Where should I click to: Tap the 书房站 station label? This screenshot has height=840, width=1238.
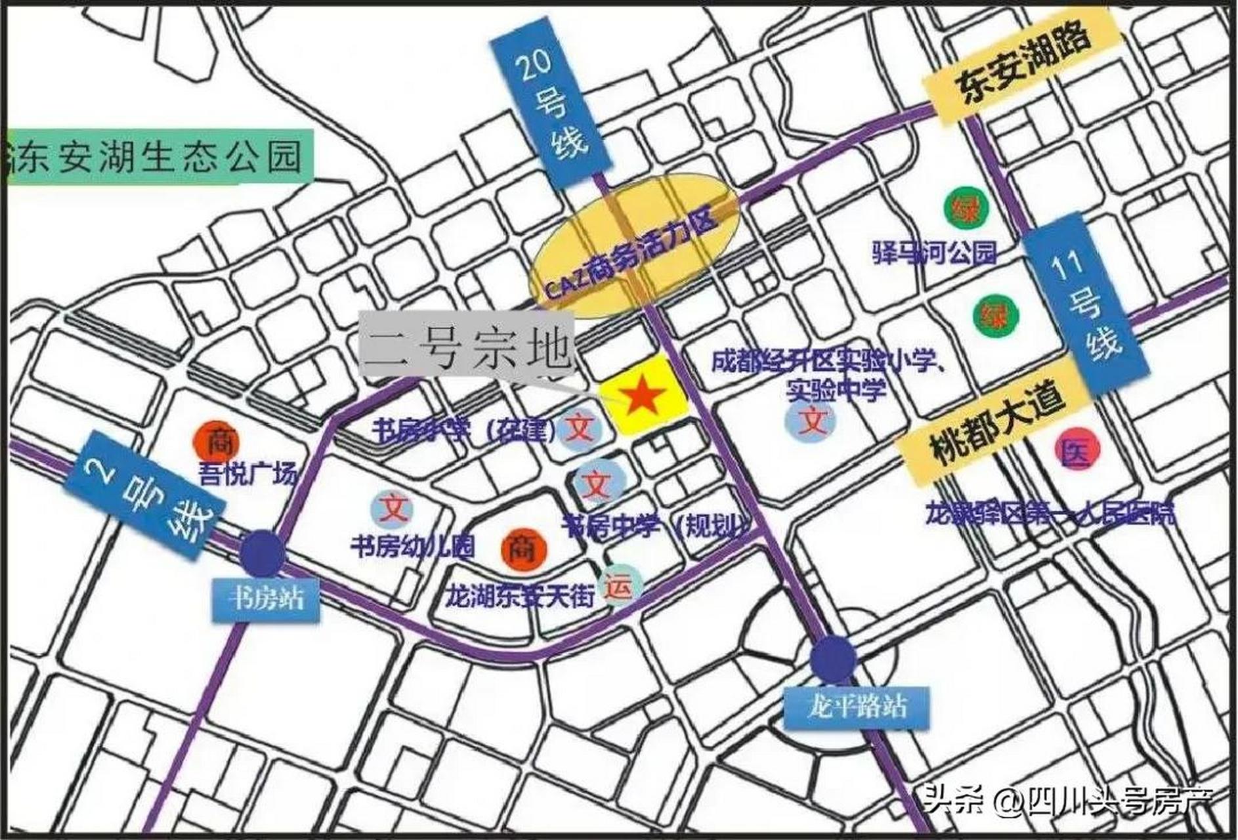[266, 599]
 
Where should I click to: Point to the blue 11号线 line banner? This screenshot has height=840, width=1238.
[1086, 306]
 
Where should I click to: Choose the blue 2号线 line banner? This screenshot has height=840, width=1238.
[146, 495]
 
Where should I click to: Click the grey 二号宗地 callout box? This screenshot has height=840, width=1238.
[467, 348]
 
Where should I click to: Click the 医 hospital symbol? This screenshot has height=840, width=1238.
[1076, 451]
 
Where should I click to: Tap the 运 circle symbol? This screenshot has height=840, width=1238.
[619, 586]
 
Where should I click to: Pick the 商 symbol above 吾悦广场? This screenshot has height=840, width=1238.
[216, 442]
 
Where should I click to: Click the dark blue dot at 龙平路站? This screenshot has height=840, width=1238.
[833, 658]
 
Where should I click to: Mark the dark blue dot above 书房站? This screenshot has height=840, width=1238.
[262, 553]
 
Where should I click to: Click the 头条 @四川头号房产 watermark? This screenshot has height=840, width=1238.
[1069, 801]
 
